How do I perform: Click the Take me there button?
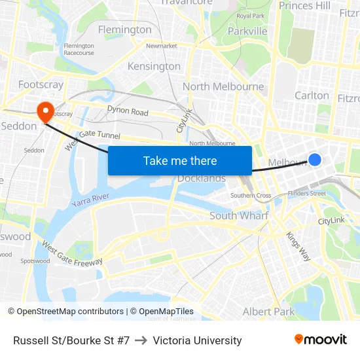pos(180,160)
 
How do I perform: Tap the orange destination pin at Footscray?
pos(45,111)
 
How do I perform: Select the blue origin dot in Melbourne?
pos(315,160)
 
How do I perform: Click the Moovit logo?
pos(320,340)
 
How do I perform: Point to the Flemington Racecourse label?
pos(79,49)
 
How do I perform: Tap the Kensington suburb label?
pos(154,66)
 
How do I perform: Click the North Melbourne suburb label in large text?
pos(223,86)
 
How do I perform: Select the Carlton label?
pos(312,96)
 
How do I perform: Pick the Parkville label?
pos(247,31)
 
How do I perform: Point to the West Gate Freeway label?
pos(72,254)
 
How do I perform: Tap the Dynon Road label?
pos(128,112)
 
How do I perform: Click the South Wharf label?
pos(239,215)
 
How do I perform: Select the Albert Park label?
pos(268,312)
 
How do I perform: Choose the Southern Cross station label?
pos(251,196)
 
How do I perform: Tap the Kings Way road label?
pos(298,247)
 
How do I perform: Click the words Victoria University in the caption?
pos(197,340)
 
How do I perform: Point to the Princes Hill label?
pos(304,6)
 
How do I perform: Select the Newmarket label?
pos(162,46)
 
